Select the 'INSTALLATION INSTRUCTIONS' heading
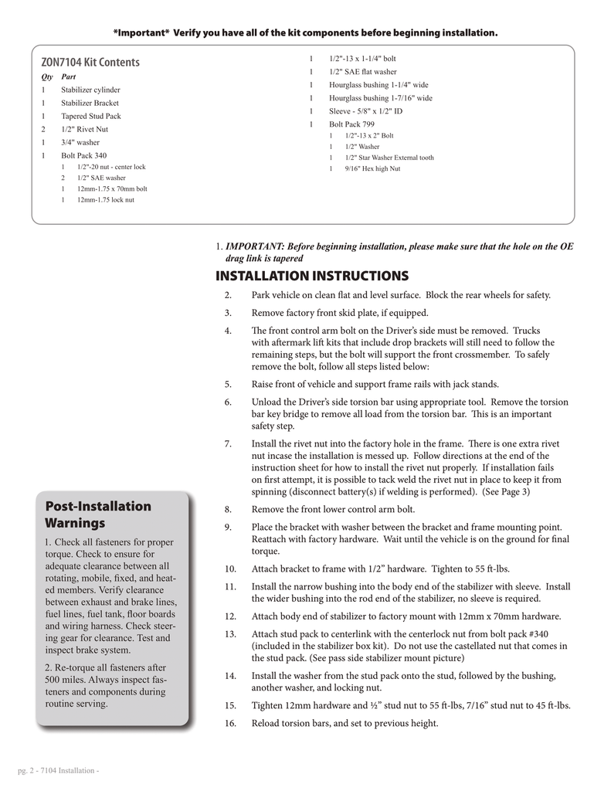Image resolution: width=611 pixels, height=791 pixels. tap(311, 276)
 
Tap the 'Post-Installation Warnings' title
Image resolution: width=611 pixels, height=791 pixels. tap(98, 514)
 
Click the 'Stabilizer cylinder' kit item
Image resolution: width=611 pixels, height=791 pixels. tap(90, 90)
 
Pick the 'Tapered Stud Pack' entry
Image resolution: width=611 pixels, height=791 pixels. tap(91, 116)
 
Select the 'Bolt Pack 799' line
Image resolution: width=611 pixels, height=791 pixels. tap(351, 124)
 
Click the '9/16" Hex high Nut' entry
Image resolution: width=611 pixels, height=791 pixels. tap(372, 168)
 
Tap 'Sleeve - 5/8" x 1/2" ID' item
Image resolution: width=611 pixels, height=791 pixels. tap(365, 111)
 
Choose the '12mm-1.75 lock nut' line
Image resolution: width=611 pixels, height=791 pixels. tap(105, 199)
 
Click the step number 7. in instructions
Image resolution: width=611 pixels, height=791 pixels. tap(228, 444)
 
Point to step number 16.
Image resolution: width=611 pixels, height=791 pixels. tap(230, 724)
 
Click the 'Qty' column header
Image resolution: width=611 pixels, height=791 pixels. tap(46, 77)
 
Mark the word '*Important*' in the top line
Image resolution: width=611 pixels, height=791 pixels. tap(141, 33)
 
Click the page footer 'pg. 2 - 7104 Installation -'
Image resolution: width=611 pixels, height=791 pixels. tap(59, 772)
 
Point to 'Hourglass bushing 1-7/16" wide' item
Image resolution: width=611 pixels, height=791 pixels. tap(380, 98)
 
